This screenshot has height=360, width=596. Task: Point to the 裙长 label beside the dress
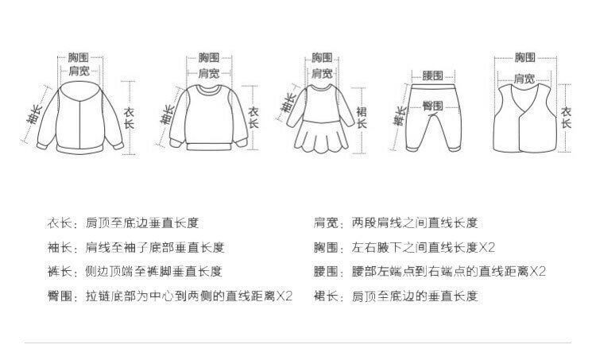point(362,118)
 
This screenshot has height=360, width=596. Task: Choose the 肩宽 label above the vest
point(523,78)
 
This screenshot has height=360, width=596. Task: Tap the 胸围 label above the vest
point(524,57)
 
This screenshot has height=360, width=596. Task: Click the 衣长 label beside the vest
point(566,118)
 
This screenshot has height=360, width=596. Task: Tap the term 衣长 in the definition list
point(60,223)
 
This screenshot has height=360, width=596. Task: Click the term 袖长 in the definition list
point(60,247)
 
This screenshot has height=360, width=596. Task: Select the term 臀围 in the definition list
point(60,296)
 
